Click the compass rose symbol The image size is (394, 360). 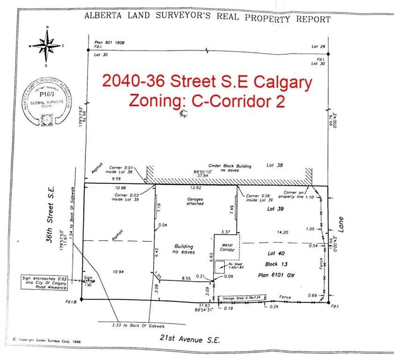point(46,45)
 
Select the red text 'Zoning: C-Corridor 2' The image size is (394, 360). point(207,101)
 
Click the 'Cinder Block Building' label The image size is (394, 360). point(230,166)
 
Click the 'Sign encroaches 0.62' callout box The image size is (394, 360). point(45,283)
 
